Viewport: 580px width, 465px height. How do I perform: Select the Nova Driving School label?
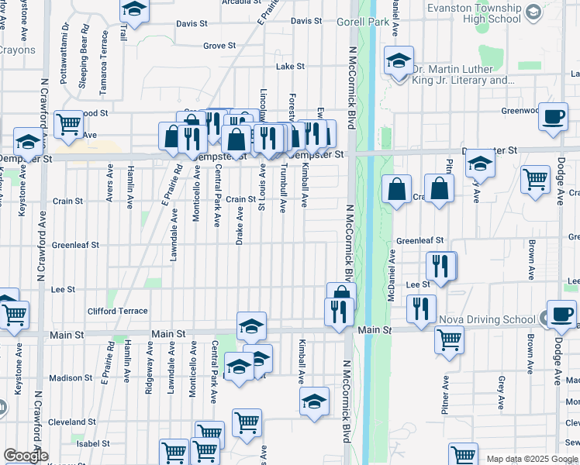486,319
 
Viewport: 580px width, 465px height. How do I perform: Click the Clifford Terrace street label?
116,311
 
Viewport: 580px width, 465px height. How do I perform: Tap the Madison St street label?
71,378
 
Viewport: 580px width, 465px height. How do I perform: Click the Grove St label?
219,46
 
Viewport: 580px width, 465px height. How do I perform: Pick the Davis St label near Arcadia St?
192,24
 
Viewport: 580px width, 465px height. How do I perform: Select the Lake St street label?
290,67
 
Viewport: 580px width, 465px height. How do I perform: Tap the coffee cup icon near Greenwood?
553,117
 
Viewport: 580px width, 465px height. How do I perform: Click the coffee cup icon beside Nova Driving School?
561,314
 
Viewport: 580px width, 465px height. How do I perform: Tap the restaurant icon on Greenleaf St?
440,266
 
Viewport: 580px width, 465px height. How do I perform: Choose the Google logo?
25,456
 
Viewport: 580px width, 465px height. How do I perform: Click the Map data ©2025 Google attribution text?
533,459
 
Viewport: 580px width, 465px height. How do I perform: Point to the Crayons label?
18,50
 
